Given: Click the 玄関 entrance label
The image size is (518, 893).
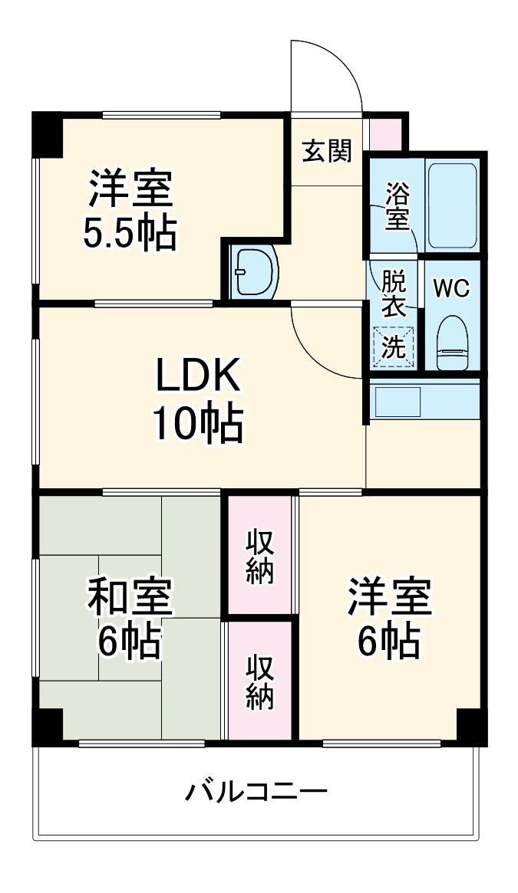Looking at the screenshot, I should (326, 151).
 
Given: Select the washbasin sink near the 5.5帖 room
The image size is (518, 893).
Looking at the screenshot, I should (255, 271).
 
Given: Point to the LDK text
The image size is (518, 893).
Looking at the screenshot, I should (199, 377).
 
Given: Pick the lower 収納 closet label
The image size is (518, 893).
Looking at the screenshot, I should (260, 682).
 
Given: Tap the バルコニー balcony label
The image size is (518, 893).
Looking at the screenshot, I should (256, 790).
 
